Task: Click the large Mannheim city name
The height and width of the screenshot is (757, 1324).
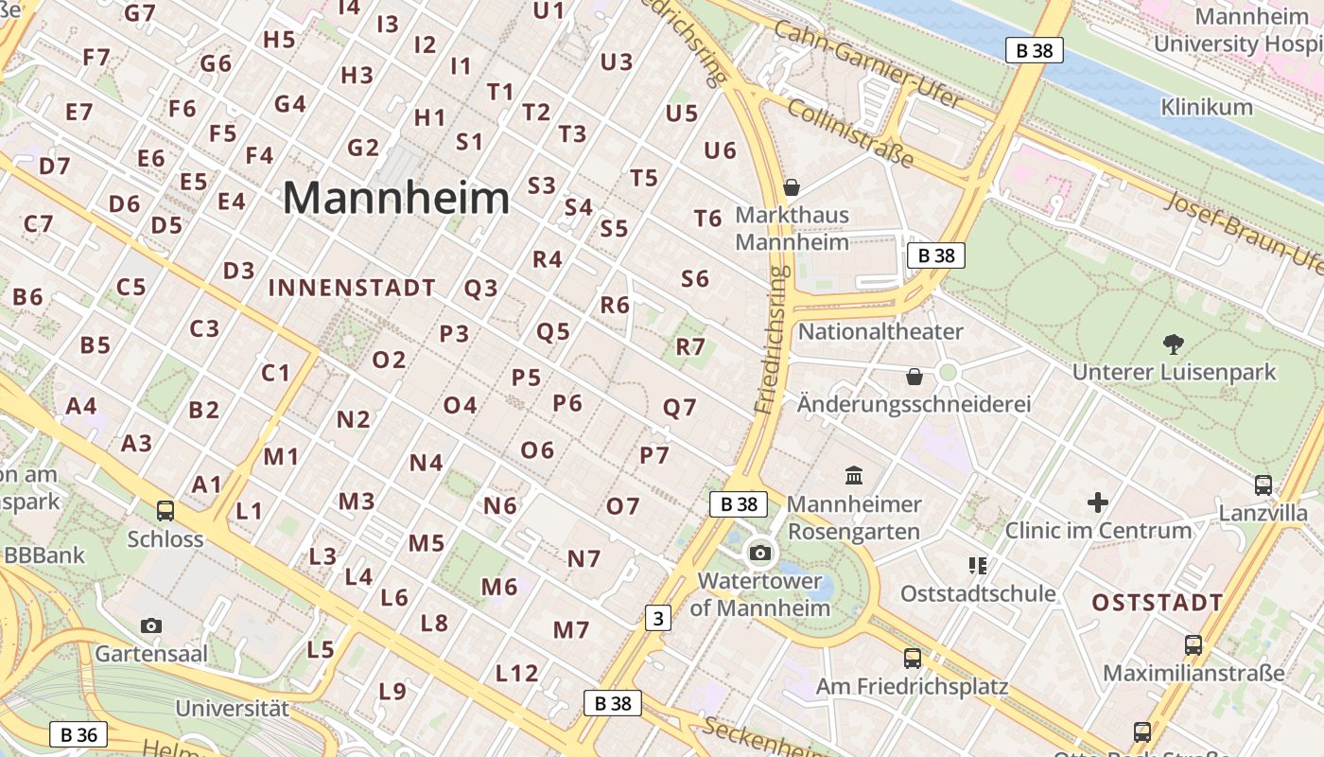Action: (x=396, y=199)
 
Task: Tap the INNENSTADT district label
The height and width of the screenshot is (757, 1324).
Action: (x=352, y=288)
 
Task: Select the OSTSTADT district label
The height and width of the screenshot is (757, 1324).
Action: (x=1158, y=603)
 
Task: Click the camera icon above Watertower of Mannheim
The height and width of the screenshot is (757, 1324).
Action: (x=760, y=553)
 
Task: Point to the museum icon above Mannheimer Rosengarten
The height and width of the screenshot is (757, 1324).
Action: (x=854, y=475)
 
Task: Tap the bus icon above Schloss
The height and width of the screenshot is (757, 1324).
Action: (x=165, y=511)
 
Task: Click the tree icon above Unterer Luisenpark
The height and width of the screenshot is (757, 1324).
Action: (x=1174, y=344)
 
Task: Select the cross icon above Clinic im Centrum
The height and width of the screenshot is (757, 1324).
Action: (x=1097, y=502)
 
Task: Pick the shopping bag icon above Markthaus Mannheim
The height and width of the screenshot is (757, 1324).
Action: (x=792, y=187)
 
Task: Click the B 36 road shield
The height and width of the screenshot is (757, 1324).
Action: (x=78, y=734)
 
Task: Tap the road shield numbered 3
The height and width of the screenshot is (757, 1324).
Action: (x=658, y=618)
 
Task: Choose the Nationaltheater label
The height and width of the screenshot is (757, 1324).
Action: (x=880, y=331)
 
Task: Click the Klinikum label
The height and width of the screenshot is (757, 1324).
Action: (x=1206, y=107)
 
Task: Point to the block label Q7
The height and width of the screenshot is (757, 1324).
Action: (x=679, y=408)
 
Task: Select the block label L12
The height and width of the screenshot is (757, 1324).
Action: (x=517, y=674)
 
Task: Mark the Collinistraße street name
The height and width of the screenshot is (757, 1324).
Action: (x=851, y=132)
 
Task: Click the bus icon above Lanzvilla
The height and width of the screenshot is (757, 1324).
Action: (x=1263, y=485)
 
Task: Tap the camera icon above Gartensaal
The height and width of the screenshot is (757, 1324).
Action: (x=150, y=625)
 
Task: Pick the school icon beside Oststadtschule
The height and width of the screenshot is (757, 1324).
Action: (x=978, y=566)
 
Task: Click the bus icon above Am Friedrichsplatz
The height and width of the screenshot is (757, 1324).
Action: (x=912, y=658)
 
